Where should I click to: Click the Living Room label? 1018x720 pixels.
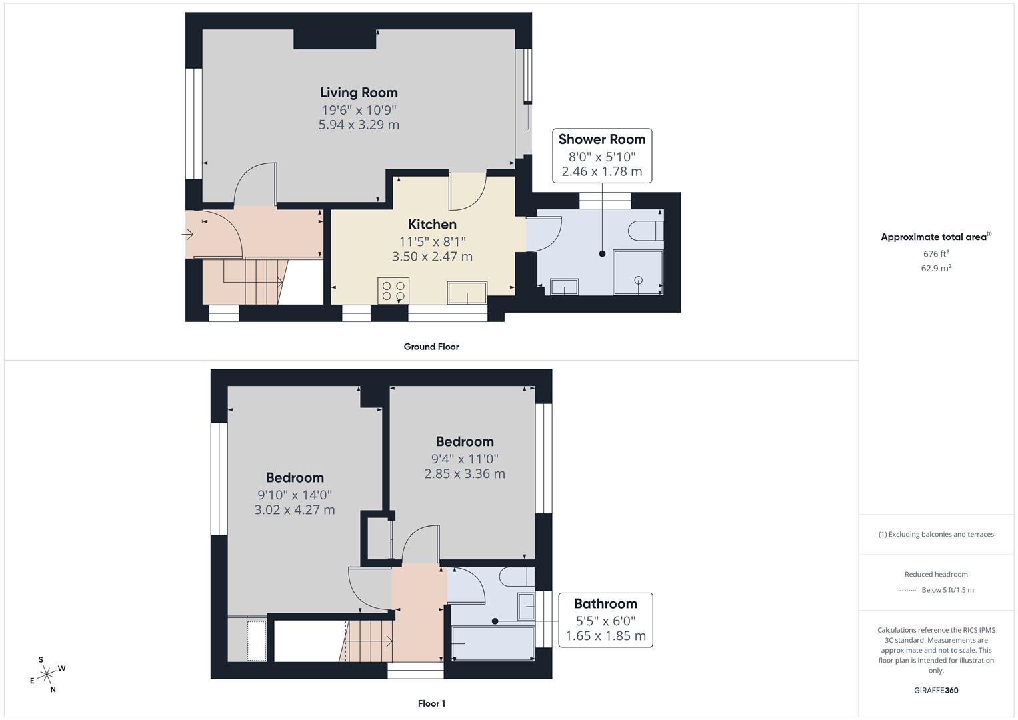[x=359, y=93]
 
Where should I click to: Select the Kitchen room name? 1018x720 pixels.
[x=432, y=225]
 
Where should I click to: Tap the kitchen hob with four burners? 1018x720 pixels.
[x=393, y=291]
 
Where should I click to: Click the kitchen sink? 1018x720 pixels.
[x=467, y=292]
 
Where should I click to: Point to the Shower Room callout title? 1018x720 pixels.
[x=602, y=139]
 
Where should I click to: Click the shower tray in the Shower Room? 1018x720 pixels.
[x=638, y=272]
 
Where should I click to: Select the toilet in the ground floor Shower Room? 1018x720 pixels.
[x=644, y=230]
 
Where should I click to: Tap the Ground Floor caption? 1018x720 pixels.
[x=431, y=347]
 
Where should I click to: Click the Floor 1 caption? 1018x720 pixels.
[x=431, y=703]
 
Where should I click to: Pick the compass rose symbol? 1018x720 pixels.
[x=47, y=675]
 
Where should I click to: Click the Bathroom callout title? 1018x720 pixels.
[x=605, y=604]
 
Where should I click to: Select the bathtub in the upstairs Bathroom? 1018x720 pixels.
[x=493, y=643]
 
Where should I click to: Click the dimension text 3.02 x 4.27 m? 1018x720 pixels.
[x=295, y=510]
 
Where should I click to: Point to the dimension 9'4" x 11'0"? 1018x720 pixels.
[x=465, y=459]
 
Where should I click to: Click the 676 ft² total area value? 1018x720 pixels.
[x=936, y=254]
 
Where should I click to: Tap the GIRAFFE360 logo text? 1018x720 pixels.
[x=936, y=691]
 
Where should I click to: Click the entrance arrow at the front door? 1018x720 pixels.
[x=188, y=235]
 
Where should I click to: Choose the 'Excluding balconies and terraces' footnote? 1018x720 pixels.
[x=936, y=534]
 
